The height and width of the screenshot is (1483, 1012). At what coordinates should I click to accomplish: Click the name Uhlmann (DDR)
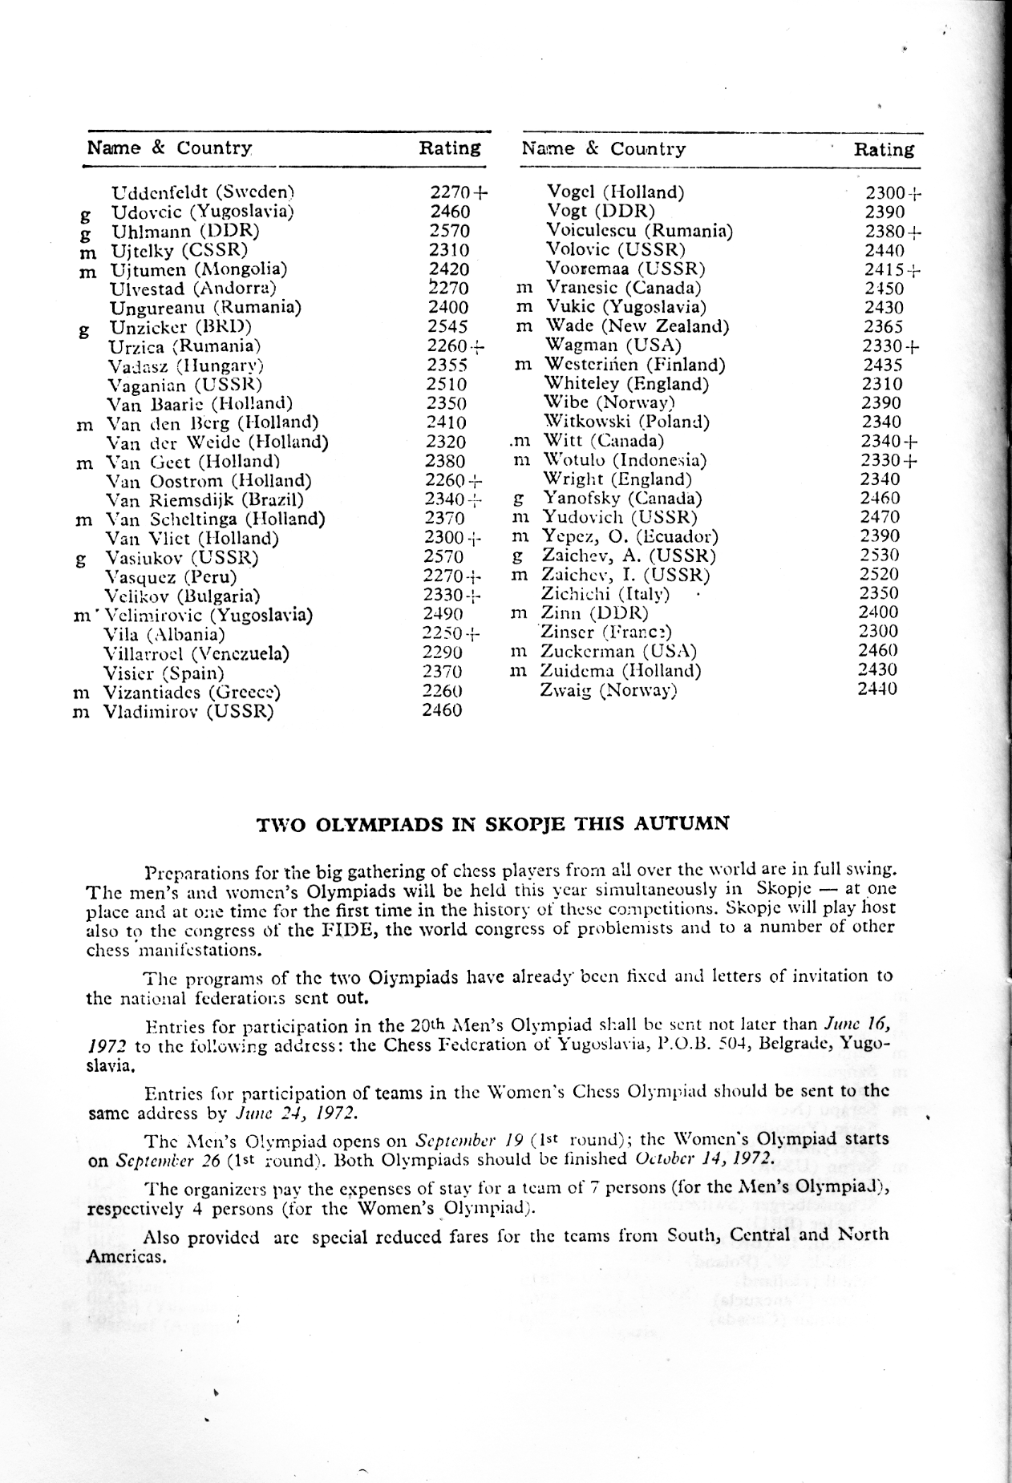point(185,231)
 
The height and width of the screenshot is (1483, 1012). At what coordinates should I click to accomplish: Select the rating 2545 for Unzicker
point(447,326)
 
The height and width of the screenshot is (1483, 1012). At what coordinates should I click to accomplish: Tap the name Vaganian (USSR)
point(185,384)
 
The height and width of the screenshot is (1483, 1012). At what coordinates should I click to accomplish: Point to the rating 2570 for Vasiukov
point(443,556)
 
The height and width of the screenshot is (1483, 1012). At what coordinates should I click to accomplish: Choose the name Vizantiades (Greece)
point(192,692)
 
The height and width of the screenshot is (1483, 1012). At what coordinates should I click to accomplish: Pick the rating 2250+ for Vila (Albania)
point(451,633)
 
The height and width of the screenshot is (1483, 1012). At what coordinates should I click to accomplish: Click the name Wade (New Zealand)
point(637,326)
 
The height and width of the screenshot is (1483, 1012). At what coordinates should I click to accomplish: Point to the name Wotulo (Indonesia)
point(625,460)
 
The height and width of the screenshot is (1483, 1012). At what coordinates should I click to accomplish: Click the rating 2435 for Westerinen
point(883,365)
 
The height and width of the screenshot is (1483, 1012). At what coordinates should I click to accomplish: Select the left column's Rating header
point(450,148)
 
